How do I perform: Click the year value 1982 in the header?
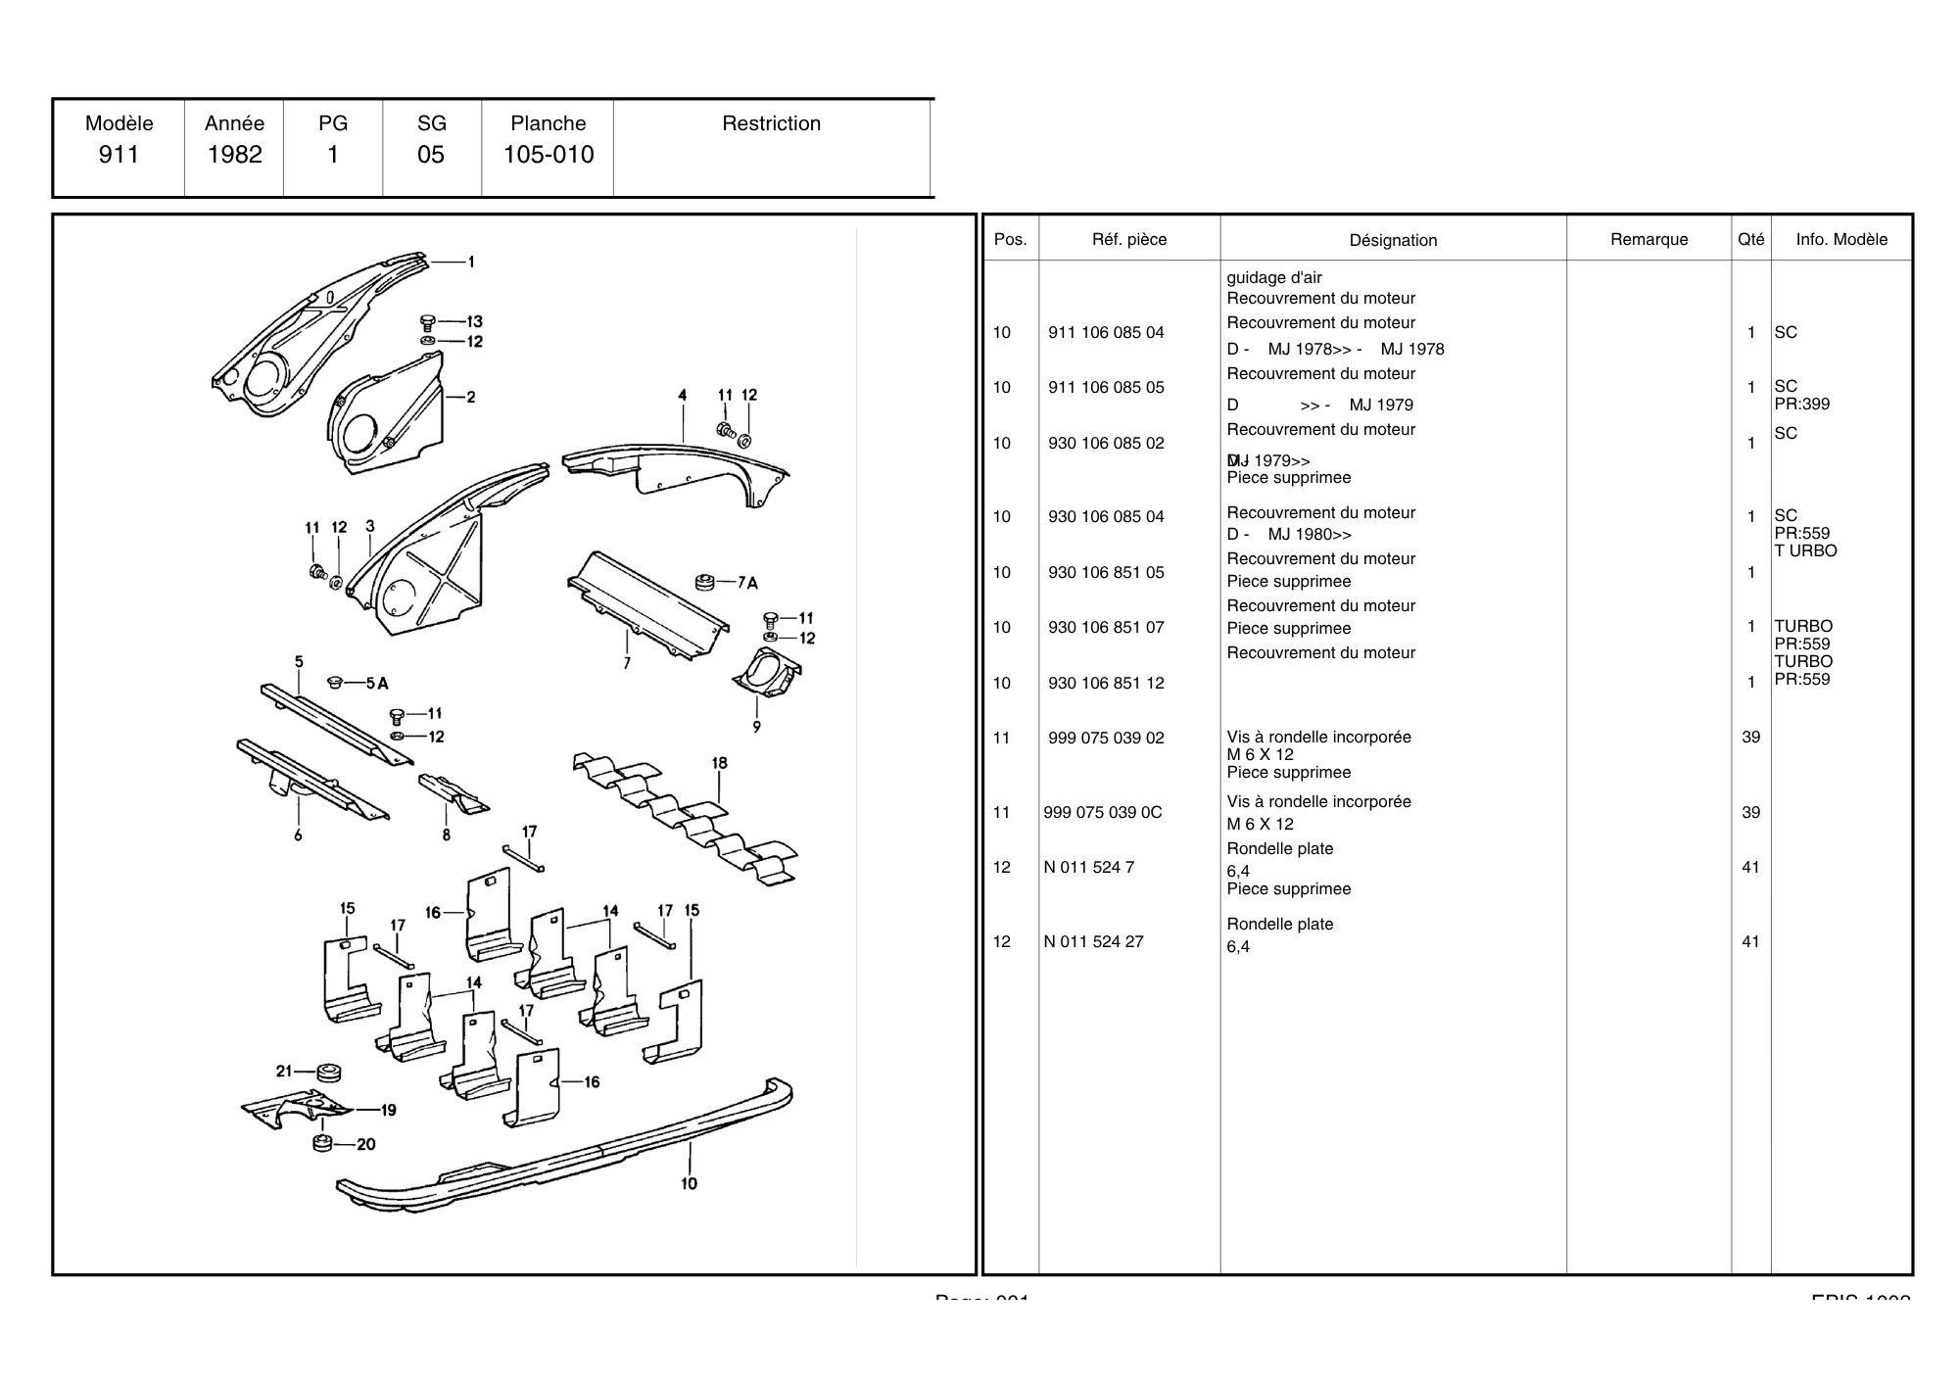234,155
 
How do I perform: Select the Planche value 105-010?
549,155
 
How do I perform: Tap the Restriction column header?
771,123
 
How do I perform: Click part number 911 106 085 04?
1106,333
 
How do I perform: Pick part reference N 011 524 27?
1093,942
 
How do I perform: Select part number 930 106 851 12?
1106,684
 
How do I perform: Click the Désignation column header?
1393,240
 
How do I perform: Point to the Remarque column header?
1648,240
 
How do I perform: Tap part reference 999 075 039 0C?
1103,813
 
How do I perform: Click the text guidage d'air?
1273,278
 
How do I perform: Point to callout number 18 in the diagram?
719,764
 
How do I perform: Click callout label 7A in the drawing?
747,583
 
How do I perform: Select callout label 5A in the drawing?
377,683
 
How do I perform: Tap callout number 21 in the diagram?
284,1071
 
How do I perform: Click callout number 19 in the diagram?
388,1110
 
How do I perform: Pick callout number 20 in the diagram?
365,1144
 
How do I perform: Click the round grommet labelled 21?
328,1073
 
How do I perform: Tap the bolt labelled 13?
427,322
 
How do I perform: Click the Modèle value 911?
119,155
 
